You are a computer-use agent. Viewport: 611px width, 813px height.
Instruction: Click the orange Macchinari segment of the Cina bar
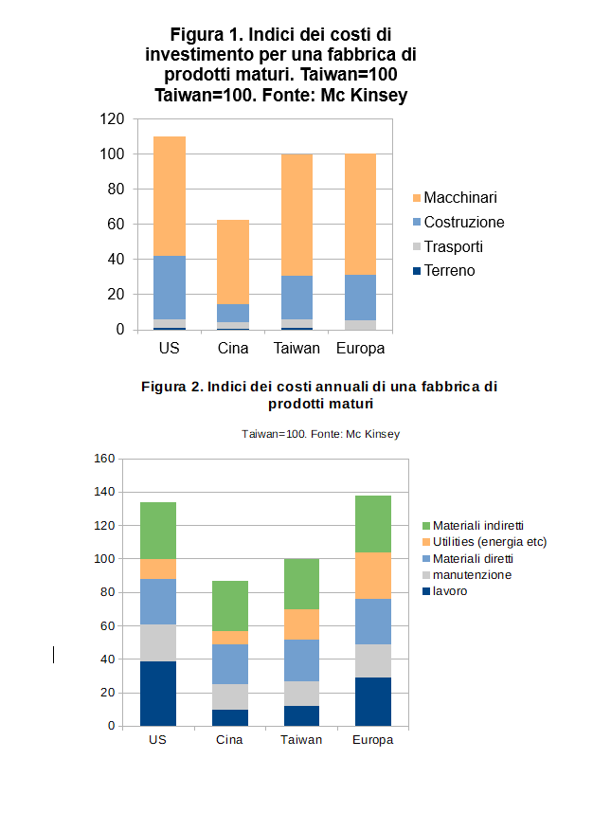[x=233, y=262]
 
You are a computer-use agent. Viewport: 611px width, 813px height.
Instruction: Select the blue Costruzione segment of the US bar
[x=170, y=287]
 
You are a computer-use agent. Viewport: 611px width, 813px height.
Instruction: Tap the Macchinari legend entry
[x=460, y=198]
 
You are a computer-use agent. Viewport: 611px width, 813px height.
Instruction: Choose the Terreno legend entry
[x=449, y=271]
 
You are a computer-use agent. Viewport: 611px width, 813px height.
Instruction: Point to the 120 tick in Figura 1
[x=113, y=119]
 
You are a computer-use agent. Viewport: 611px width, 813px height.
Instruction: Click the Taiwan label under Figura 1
[x=297, y=349]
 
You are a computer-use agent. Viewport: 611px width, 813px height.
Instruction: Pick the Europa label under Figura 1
[x=360, y=349]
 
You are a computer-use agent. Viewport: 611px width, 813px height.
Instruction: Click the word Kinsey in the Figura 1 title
[x=380, y=96]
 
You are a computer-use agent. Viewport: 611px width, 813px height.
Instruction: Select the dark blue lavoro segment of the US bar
[x=158, y=694]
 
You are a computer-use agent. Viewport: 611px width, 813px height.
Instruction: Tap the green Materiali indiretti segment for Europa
[x=373, y=524]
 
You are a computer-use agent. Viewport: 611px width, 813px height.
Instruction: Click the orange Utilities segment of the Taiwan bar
[x=301, y=624]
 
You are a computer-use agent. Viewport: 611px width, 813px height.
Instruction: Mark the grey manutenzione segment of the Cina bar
[x=230, y=696]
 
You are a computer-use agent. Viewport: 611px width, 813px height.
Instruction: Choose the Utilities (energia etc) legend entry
[x=490, y=542]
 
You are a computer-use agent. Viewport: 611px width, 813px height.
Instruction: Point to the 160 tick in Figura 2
[x=104, y=459]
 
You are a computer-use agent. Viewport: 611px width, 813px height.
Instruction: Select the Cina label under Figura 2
[x=230, y=740]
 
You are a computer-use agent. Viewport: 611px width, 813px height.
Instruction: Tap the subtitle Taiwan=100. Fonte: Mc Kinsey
[x=320, y=434]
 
